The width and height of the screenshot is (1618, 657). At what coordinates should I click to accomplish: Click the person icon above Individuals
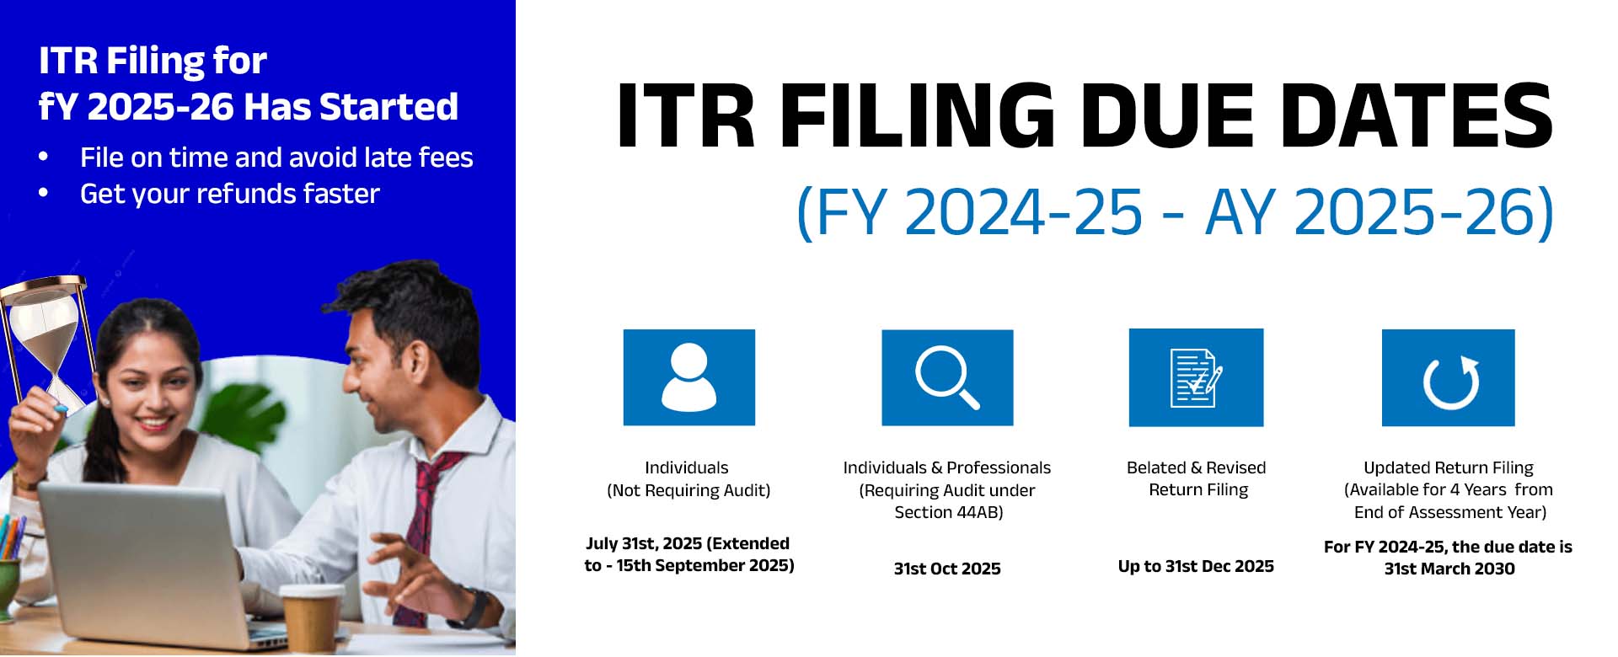point(689,377)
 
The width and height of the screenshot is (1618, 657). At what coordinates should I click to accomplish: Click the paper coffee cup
point(311,619)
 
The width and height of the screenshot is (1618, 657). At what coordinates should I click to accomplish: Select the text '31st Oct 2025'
point(947,569)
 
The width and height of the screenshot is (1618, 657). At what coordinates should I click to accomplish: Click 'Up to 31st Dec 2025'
point(1196,566)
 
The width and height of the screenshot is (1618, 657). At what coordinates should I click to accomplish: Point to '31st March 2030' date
point(1449,569)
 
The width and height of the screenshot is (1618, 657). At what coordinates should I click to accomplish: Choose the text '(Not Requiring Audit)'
point(688,490)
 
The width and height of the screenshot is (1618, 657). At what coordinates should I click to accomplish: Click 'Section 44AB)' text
point(948,512)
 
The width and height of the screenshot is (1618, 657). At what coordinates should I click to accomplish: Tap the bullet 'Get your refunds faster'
point(229,194)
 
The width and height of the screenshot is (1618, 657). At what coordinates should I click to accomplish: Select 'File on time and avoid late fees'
point(276,158)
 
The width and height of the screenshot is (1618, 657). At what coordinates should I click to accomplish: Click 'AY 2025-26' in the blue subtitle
point(1379,211)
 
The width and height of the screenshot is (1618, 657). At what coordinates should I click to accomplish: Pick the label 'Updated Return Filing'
point(1449,467)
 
